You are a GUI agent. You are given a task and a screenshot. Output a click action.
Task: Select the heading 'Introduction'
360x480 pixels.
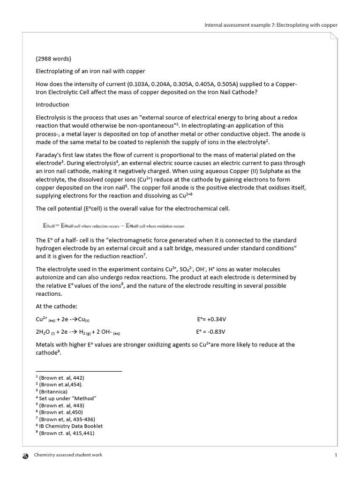52,105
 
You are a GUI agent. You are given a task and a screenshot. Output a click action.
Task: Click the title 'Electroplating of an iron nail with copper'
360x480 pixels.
90,71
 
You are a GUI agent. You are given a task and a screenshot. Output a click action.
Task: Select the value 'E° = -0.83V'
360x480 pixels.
210,332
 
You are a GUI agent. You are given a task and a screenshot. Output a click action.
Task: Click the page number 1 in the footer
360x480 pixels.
336,455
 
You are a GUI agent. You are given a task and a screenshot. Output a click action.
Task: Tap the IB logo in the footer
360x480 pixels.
25,455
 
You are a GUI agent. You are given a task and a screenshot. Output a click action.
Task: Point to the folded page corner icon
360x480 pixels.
333,36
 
